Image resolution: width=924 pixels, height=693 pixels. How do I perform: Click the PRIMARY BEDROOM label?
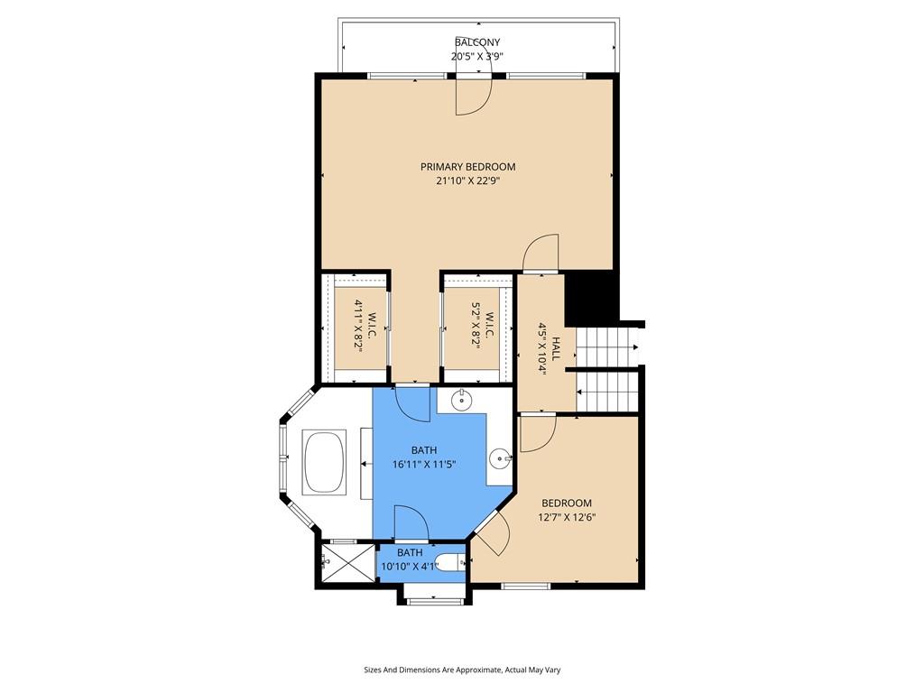(468, 167)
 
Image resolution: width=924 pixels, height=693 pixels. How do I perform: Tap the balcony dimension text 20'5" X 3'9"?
(477, 57)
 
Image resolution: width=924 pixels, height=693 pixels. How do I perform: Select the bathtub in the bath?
(324, 463)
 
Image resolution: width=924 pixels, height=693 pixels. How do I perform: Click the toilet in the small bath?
(451, 564)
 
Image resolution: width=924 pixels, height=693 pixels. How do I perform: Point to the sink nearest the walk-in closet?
(461, 401)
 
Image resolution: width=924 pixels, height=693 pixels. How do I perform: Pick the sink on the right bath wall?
(500, 457)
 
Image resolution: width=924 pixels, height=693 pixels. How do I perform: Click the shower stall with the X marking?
(347, 564)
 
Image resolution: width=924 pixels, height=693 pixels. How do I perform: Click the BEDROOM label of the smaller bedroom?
(567, 504)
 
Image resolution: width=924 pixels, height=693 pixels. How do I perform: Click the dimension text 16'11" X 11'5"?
(424, 465)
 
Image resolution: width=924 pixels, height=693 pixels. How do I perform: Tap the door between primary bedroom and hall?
(541, 254)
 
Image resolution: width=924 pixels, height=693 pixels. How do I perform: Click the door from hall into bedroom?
(538, 434)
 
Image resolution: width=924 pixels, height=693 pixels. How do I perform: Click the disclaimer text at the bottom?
(462, 670)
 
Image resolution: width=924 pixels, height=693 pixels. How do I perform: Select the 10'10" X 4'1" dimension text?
(411, 567)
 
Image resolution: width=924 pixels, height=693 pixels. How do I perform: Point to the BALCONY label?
(477, 42)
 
